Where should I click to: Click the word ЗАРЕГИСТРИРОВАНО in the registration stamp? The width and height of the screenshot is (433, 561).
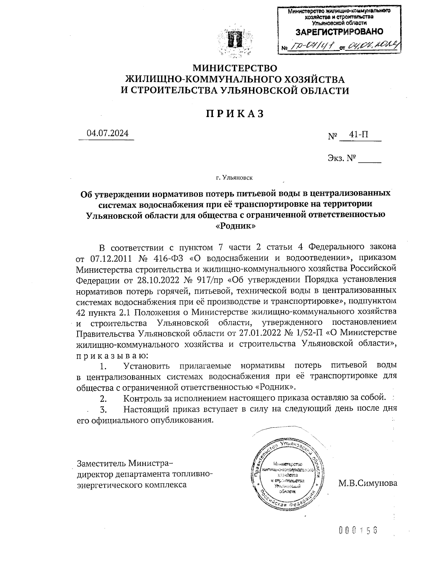tap(339, 32)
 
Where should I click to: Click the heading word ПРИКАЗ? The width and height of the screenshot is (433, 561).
tap(235, 113)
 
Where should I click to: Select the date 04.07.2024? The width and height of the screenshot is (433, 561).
tap(107, 133)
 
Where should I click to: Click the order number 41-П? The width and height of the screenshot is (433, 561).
tap(359, 135)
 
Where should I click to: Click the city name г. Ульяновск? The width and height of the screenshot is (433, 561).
tap(235, 178)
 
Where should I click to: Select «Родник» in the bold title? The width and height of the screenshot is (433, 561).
tap(235, 226)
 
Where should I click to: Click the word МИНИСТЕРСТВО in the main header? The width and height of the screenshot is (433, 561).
tap(235, 68)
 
